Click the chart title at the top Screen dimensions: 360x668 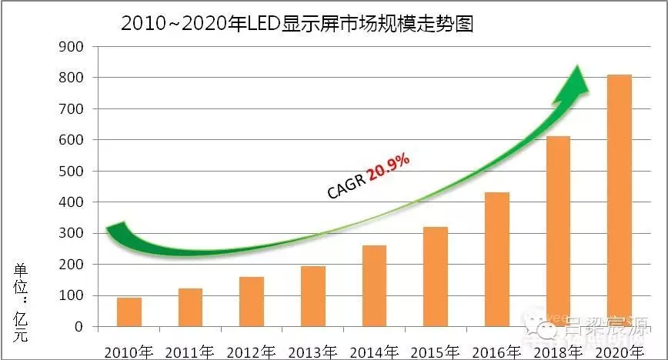pyautogui.click(x=296, y=24)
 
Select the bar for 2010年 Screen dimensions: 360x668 pyautogui.click(x=129, y=312)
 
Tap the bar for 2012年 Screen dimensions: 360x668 pyautogui.click(x=252, y=301)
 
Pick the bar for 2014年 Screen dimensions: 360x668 pyautogui.click(x=374, y=285)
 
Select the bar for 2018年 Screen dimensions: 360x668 pyautogui.click(x=558, y=231)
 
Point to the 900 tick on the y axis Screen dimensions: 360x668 pyautogui.click(x=75, y=46)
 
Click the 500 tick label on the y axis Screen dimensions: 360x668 pyautogui.click(x=75, y=171)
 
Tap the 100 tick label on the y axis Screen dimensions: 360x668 pyautogui.click(x=75, y=295)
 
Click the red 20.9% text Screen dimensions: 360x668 pyautogui.click(x=389, y=167)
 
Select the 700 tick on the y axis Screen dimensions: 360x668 pyautogui.click(x=75, y=108)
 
